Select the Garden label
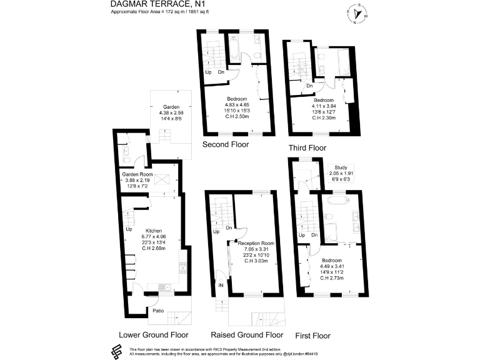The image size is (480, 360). point(171,106)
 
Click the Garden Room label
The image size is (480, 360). point(137,174)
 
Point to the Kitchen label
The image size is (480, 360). point(154,229)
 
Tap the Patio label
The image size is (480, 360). point(159,310)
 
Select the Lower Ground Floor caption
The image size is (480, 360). point(154,334)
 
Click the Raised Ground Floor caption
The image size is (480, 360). point(247,334)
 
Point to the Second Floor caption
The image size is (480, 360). point(226,144)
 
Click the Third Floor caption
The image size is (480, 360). point(307,148)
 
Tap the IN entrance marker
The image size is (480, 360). point(221,285)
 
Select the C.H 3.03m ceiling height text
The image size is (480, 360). point(256,261)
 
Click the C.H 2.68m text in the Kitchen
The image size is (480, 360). point(154,249)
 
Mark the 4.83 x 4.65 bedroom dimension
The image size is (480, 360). point(237,105)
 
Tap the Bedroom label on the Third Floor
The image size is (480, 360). point(324,100)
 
